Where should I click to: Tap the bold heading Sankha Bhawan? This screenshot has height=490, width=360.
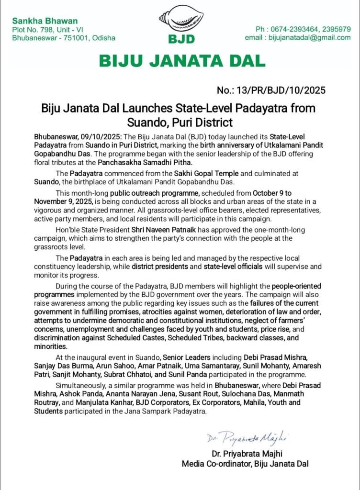pos(37,21)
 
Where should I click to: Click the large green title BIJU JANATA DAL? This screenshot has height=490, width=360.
pos(181,61)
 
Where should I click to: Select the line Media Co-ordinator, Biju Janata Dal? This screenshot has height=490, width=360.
pos(245,463)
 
